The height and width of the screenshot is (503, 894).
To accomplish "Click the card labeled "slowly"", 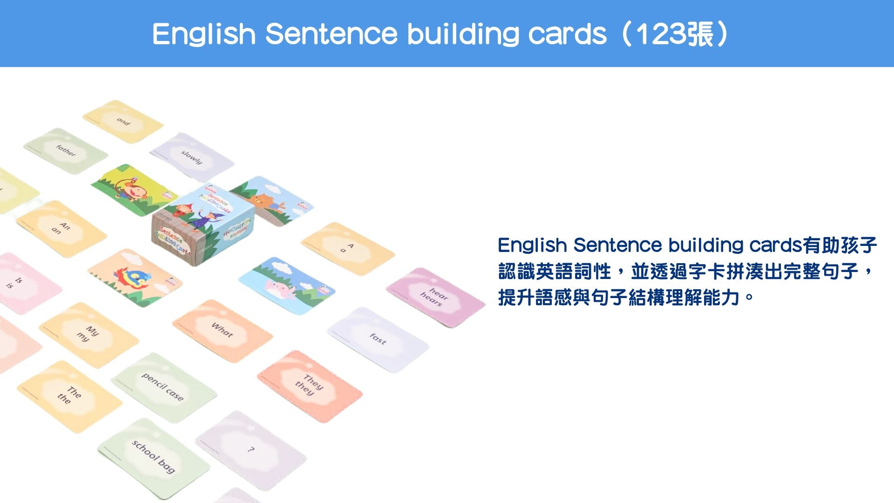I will point(192,157).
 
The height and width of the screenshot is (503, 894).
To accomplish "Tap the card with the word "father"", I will point(66,151).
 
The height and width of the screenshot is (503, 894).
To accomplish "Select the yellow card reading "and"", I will point(123,122).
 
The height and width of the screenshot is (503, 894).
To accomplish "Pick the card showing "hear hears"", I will point(435,297).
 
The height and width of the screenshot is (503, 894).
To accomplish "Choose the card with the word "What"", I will point(222,330).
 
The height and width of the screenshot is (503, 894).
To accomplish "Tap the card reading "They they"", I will point(309,386).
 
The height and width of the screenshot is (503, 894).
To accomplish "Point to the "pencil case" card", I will point(163,387).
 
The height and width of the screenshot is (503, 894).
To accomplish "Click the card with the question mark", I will point(251,449).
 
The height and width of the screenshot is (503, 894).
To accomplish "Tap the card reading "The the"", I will point(69,395).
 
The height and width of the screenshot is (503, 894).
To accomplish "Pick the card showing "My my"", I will point(88,334).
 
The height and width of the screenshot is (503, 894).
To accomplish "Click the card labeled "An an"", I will point(61,228).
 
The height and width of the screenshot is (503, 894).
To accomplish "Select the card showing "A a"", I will point(347,248).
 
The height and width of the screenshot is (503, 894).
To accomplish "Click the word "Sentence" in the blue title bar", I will point(331,34).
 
